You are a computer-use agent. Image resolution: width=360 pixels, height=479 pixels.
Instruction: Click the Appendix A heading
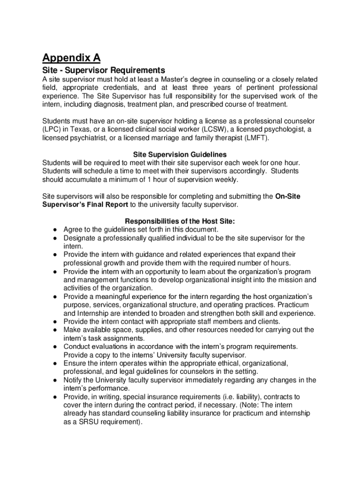pos(71,58)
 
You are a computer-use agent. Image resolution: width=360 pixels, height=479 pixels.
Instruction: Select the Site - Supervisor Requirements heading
pos(103,70)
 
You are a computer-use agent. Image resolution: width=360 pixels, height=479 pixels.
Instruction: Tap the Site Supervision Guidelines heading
pos(180,154)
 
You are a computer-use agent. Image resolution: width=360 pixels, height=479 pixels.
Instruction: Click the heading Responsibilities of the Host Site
pos(180,221)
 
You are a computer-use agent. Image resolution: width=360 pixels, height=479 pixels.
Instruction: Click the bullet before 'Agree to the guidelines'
pos(55,230)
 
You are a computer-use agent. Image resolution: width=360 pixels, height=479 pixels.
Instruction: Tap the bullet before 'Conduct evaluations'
pos(55,347)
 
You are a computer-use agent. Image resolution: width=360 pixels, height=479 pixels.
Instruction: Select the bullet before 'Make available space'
pos(55,330)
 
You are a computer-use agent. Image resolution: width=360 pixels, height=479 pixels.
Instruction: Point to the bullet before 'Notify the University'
pos(55,380)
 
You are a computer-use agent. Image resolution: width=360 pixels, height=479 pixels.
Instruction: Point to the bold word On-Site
pos(288,196)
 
